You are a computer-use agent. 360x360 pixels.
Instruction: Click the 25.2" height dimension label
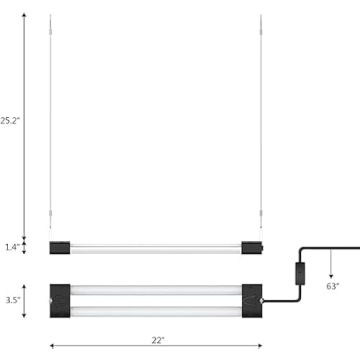(11, 121)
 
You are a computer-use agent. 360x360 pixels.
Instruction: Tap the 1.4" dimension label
(10, 245)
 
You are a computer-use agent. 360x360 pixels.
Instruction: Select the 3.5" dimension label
(10, 297)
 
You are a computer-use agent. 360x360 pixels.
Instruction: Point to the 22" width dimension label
(157, 341)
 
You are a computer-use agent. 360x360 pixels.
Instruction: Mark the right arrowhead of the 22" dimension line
(263, 347)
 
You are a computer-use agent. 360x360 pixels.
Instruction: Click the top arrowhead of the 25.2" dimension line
(24, 17)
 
